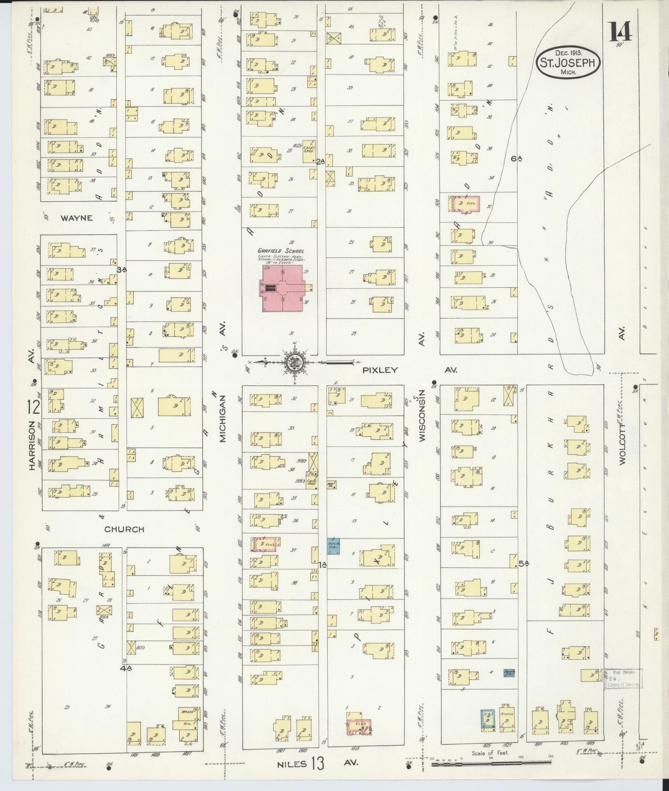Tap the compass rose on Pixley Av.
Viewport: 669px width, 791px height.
(295, 362)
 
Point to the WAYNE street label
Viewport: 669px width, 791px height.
(76, 218)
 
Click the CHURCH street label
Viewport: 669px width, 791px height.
(124, 530)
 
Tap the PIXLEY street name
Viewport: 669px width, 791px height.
(380, 370)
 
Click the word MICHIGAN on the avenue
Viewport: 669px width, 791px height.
(223, 419)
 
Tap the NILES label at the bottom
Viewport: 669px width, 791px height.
(292, 764)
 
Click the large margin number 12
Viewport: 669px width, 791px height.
(34, 408)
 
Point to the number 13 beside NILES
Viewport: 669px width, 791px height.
(317, 764)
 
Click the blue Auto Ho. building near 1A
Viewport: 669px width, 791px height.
(333, 546)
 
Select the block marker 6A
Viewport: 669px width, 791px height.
(516, 158)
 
